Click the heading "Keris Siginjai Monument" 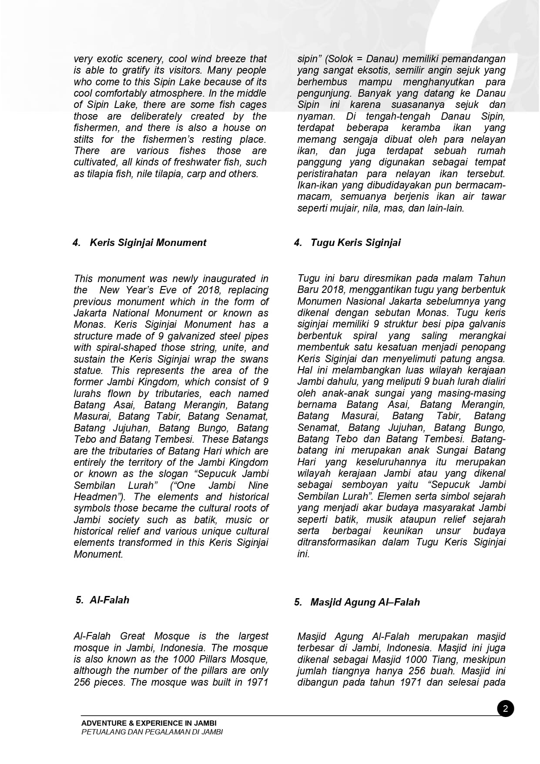[148, 242]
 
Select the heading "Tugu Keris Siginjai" [356, 242]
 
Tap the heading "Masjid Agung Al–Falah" [365, 602]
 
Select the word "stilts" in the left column [84, 139]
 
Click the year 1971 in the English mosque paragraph [257, 682]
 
